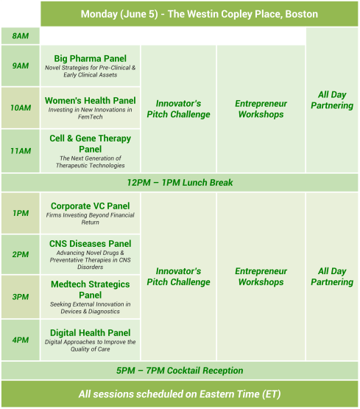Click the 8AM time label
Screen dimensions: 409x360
pyautogui.click(x=21, y=36)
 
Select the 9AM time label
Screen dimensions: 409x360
pyautogui.click(x=21, y=66)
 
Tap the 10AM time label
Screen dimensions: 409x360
pyautogui.click(x=21, y=108)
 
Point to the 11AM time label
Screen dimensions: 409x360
pyautogui.click(x=21, y=151)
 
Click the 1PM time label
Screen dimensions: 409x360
pyautogui.click(x=21, y=213)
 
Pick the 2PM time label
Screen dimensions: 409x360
pyautogui.click(x=21, y=254)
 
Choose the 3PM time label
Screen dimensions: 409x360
pyautogui.click(x=21, y=297)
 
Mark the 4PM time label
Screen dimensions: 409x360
pyautogui.click(x=21, y=340)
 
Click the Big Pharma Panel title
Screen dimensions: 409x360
pyautogui.click(x=90, y=58)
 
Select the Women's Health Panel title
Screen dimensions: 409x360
pyautogui.click(x=90, y=100)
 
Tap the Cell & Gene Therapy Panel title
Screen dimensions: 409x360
pyautogui.click(x=90, y=143)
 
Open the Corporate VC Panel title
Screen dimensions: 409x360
pyautogui.click(x=90, y=206)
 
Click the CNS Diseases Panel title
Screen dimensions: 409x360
pyautogui.click(x=90, y=244)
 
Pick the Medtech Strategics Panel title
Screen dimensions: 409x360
pyautogui.click(x=90, y=290)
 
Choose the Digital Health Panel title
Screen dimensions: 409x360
pyautogui.click(x=90, y=333)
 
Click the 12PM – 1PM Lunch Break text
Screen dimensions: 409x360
pyautogui.click(x=180, y=183)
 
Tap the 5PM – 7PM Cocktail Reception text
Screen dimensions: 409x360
pyautogui.click(x=180, y=371)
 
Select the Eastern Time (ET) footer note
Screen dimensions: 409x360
pyautogui.click(x=180, y=394)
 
